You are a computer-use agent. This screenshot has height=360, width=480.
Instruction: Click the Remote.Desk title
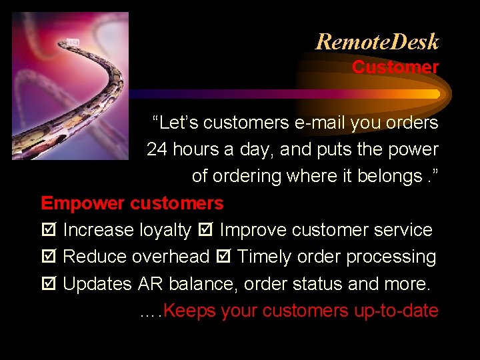pos(377,42)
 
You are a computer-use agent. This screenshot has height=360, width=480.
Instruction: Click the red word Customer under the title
pos(395,67)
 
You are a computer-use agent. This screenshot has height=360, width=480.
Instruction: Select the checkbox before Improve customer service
pos(205,231)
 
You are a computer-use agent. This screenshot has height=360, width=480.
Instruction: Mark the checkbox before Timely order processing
pos(223,257)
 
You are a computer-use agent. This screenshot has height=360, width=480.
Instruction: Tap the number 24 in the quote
pos(157,149)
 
